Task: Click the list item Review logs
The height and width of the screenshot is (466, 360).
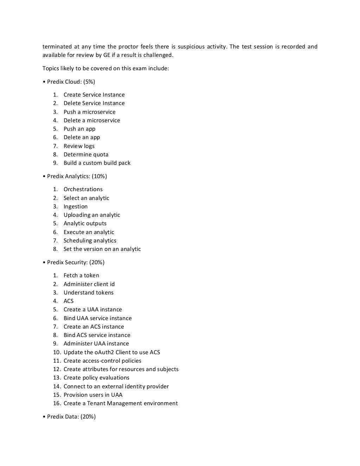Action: (x=79, y=146)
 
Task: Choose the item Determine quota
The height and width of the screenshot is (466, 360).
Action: (x=86, y=155)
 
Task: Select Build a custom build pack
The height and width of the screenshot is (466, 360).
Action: (x=97, y=163)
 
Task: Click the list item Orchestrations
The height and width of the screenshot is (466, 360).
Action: (x=83, y=189)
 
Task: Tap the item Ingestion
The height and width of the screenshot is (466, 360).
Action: (x=75, y=207)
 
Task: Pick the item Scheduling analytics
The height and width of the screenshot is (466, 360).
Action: (x=90, y=241)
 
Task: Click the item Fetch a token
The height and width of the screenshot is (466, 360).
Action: (x=81, y=276)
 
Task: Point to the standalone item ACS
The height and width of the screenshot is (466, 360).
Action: (x=69, y=301)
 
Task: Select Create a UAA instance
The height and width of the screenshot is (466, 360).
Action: (x=92, y=310)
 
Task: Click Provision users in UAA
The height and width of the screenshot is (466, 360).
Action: (x=93, y=395)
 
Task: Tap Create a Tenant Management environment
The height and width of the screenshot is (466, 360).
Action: (x=121, y=403)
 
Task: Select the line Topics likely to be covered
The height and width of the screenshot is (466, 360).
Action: (x=105, y=69)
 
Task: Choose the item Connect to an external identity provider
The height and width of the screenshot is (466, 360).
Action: (x=116, y=387)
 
